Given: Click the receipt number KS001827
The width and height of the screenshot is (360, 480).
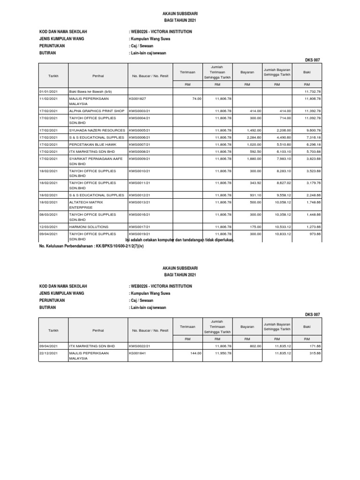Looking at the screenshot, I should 137,99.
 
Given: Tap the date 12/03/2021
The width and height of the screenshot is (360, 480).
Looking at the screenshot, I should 48,226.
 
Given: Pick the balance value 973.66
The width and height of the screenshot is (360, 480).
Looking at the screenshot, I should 314,233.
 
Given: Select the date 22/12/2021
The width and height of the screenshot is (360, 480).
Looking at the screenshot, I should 48,353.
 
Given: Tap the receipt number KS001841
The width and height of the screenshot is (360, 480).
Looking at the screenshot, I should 137,353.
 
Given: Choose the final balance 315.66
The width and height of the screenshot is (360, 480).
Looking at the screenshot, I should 314,353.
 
